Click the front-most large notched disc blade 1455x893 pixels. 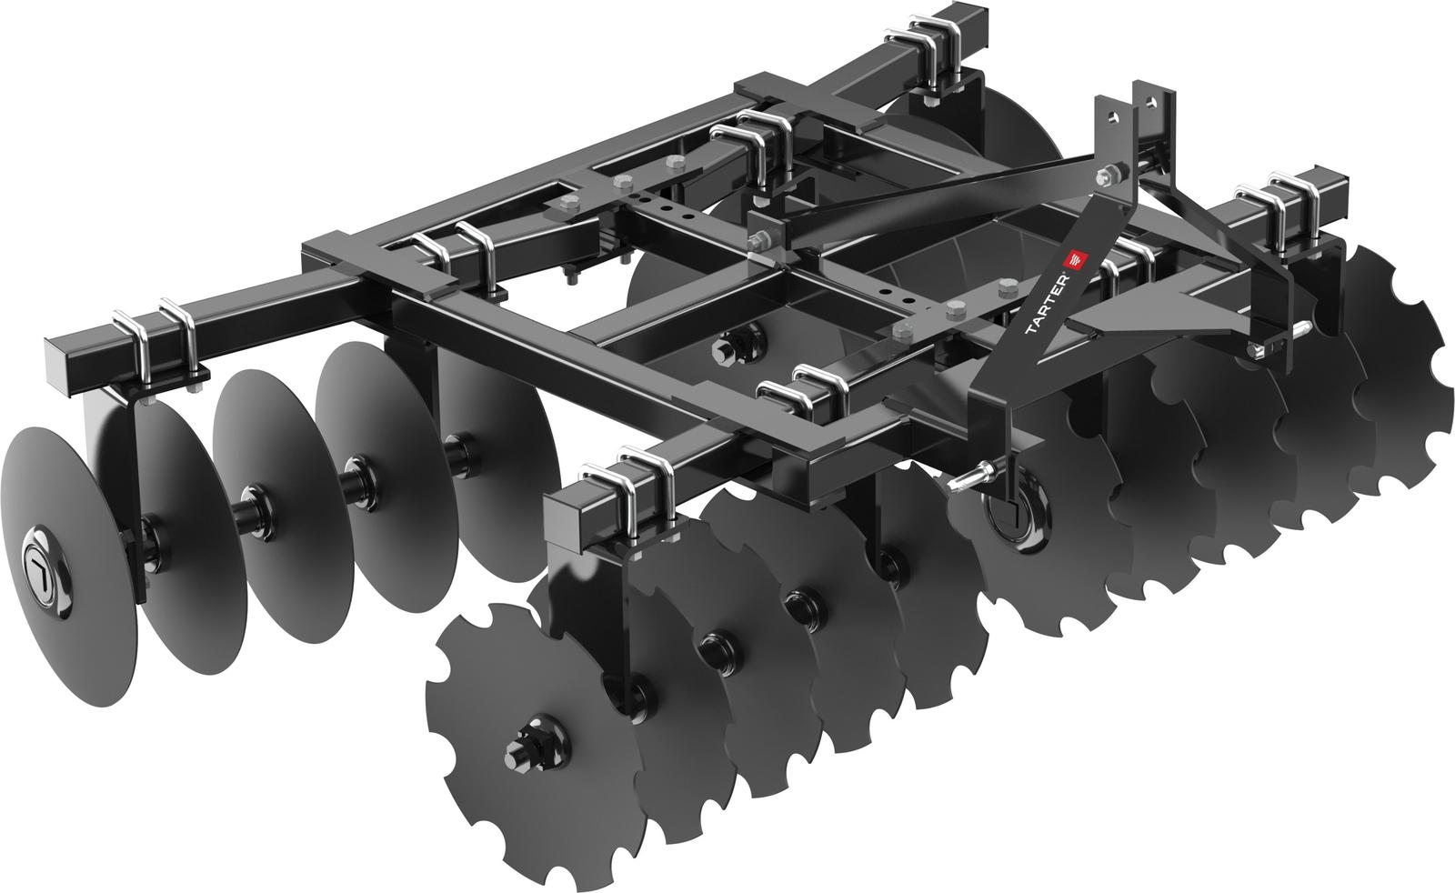[x=518, y=718]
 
